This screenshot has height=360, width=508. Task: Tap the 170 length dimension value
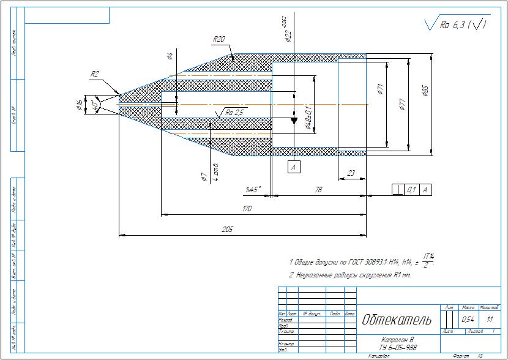247,209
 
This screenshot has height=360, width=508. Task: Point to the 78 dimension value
318,190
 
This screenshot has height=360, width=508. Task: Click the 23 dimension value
351,174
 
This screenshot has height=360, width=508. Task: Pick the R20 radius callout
219,39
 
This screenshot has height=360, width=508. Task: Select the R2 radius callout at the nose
95,73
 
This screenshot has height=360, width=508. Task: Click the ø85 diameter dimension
425,92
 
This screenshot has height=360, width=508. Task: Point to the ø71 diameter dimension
380,90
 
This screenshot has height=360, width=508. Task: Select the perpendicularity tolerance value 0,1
412,190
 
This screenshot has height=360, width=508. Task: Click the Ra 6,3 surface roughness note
456,24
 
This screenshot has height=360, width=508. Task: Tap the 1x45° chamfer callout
253,190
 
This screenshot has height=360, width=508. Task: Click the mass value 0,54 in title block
468,320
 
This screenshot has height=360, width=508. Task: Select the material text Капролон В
398,339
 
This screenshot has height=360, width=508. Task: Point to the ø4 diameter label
170,57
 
